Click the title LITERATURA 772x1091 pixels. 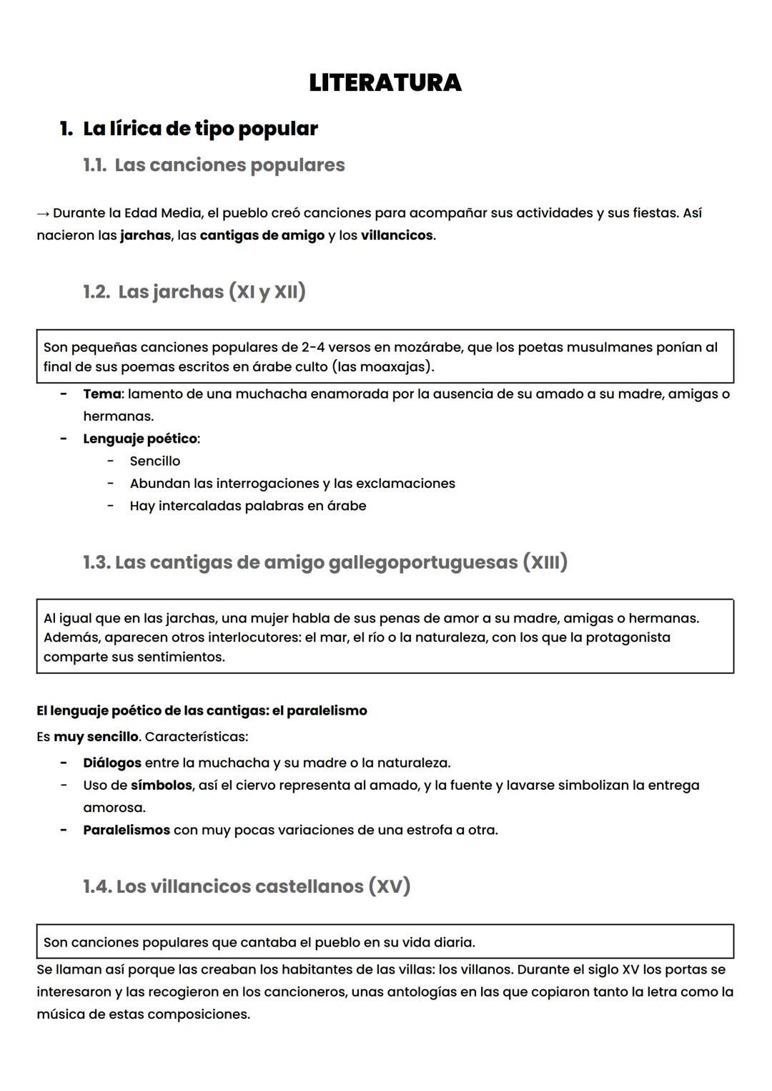tap(385, 83)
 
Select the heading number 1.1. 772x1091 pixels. tap(95, 165)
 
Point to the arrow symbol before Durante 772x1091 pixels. tap(43, 213)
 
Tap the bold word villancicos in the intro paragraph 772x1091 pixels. tap(397, 235)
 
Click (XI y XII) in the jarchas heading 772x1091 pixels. tap(267, 292)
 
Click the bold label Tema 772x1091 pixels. tap(102, 394)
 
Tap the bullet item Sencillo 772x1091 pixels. tap(155, 461)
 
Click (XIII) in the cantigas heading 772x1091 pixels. tap(545, 562)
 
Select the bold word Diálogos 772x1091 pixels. tap(112, 763)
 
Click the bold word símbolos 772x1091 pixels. tap(162, 786)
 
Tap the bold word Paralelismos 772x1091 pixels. tap(127, 831)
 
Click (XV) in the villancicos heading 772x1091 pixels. tap(390, 886)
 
